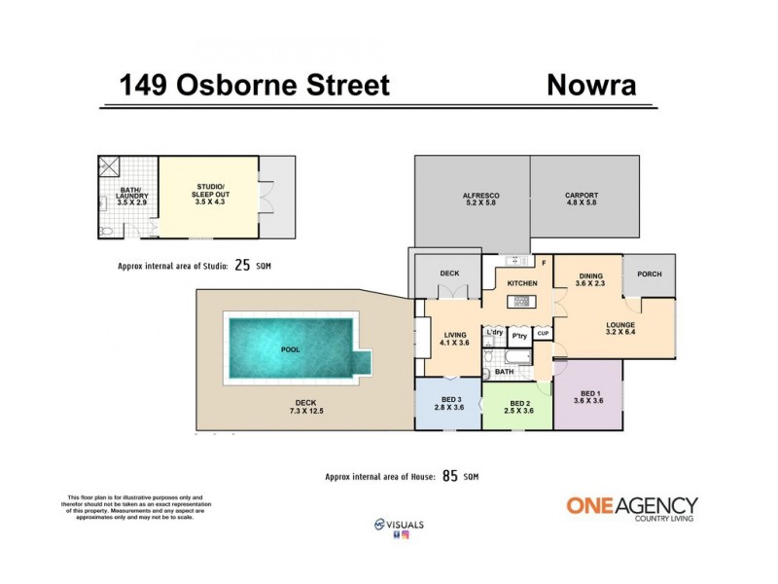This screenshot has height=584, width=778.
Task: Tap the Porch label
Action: pyautogui.click(x=649, y=274)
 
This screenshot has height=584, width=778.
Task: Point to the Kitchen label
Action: pyautogui.click(x=522, y=283)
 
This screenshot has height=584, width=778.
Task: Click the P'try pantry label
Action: pyautogui.click(x=519, y=334)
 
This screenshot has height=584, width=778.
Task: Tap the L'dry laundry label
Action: pyautogui.click(x=494, y=333)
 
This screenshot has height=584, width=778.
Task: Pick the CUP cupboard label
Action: pyautogui.click(x=544, y=334)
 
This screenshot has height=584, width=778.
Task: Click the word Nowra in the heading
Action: pyautogui.click(x=591, y=85)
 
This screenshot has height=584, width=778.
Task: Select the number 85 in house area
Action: pyautogui.click(x=449, y=476)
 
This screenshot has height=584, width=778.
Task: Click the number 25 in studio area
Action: pyautogui.click(x=242, y=264)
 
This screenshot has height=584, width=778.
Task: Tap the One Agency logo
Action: pyautogui.click(x=631, y=508)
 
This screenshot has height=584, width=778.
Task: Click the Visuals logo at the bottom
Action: pyautogui.click(x=399, y=525)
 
